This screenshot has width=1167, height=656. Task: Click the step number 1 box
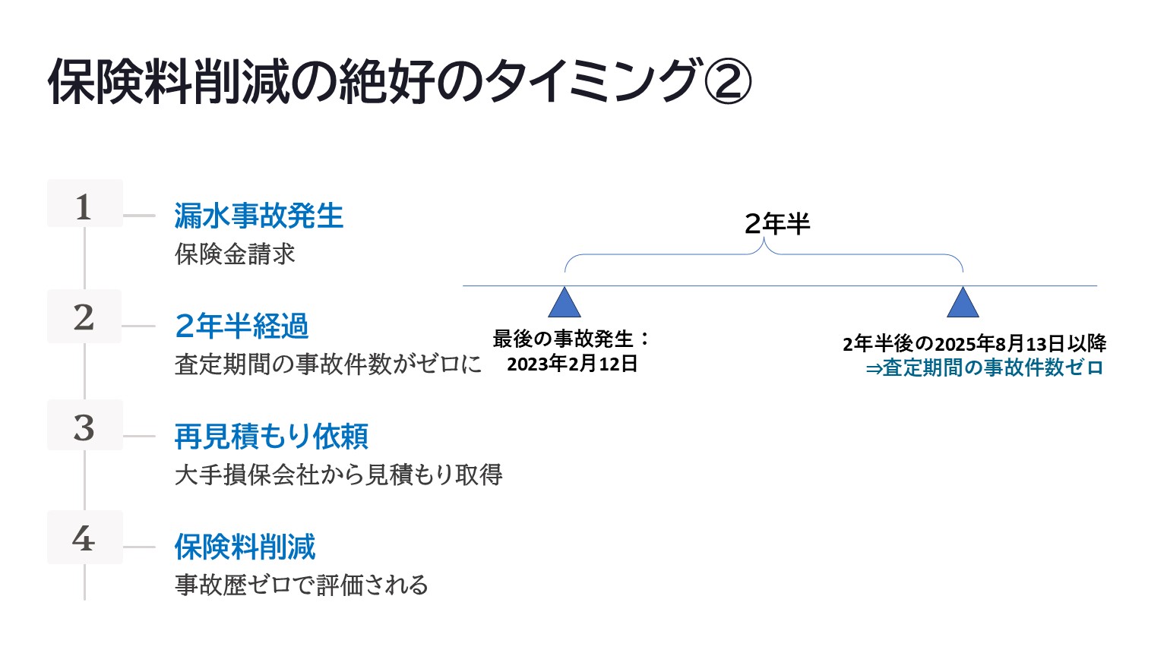pyautogui.click(x=84, y=204)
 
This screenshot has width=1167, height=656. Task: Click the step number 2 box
pyautogui.click(x=84, y=316)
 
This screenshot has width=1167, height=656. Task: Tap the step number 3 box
pyautogui.click(x=84, y=426)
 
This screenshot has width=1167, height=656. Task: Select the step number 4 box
pyautogui.click(x=84, y=537)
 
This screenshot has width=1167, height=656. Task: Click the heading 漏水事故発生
pyautogui.click(x=258, y=216)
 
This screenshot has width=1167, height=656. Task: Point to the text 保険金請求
pyautogui.click(x=235, y=254)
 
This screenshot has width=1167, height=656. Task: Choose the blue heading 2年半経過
pyautogui.click(x=242, y=326)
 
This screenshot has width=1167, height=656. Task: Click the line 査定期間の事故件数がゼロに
pyautogui.click(x=328, y=364)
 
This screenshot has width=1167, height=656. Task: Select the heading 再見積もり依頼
pyautogui.click(x=271, y=437)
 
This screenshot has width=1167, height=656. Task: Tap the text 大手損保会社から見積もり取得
pyautogui.click(x=338, y=475)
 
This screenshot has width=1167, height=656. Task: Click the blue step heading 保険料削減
pyautogui.click(x=245, y=547)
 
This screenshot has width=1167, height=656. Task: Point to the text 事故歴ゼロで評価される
pyautogui.click(x=302, y=585)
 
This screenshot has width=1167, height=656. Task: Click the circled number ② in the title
pyautogui.click(x=728, y=82)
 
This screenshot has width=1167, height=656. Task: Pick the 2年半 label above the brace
pyautogui.click(x=776, y=224)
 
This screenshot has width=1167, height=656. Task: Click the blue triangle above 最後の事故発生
pyautogui.click(x=565, y=304)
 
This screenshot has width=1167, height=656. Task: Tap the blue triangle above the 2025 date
pyautogui.click(x=963, y=304)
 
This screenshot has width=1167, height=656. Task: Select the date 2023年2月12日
pyautogui.click(x=572, y=364)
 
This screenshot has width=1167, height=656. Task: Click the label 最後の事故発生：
pyautogui.click(x=571, y=339)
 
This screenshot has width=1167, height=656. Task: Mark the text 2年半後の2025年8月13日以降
pyautogui.click(x=974, y=343)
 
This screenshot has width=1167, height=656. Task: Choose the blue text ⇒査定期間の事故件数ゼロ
pyautogui.click(x=984, y=368)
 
